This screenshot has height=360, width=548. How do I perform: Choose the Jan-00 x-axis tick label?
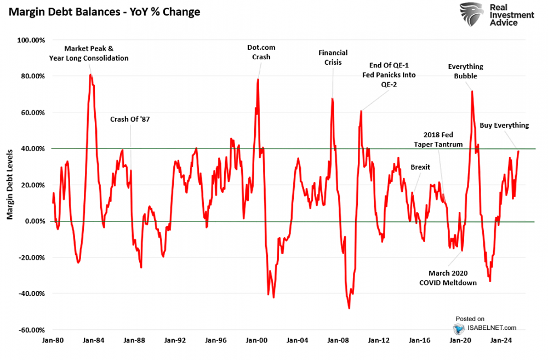click(x=256, y=340)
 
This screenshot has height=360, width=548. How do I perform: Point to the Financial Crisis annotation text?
click(x=333, y=58)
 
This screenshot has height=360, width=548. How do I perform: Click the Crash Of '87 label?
click(x=130, y=119)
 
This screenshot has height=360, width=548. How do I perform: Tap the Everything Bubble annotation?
click(x=465, y=71)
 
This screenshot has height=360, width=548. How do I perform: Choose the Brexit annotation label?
click(x=420, y=167)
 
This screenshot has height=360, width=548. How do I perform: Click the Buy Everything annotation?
click(x=504, y=125)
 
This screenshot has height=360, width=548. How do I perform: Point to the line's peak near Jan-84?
click(x=90, y=75)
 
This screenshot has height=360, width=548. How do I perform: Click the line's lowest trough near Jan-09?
click(x=349, y=308)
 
